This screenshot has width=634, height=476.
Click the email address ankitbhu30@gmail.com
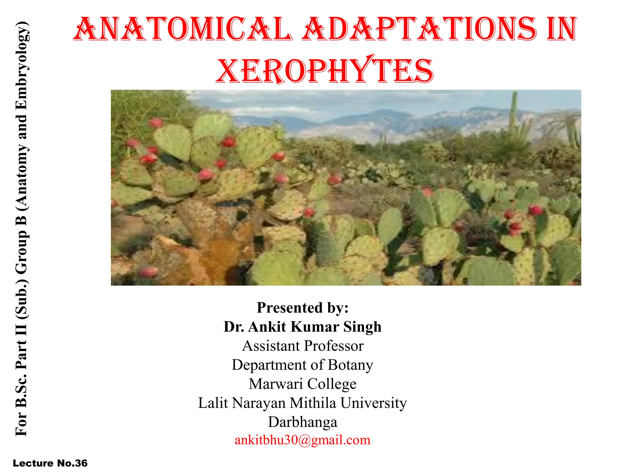click(302, 440)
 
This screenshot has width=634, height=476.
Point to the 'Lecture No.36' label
click(50, 463)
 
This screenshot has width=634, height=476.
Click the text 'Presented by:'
click(302, 307)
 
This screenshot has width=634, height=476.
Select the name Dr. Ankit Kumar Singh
click(302, 327)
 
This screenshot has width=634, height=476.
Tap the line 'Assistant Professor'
click(302, 346)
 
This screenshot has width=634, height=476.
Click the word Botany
click(350, 365)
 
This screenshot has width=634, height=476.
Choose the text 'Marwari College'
click(302, 384)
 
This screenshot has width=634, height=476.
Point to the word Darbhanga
click(302, 422)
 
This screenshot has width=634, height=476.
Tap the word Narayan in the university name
click(259, 403)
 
